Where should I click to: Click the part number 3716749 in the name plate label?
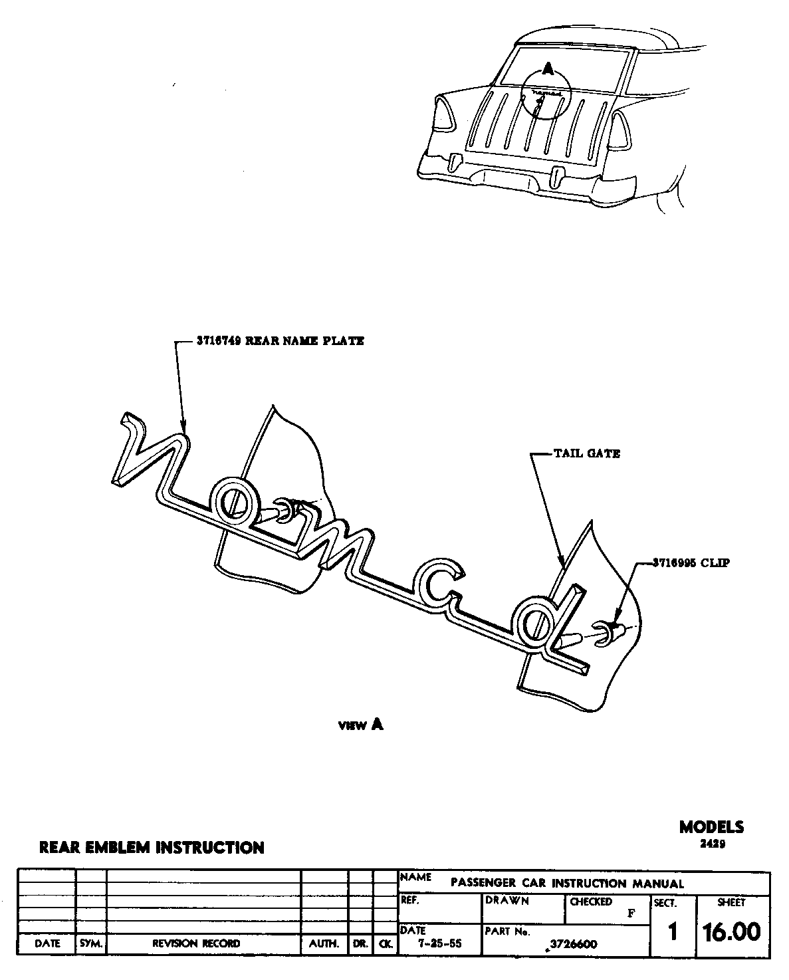point(220,341)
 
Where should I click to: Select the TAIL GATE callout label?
point(587,453)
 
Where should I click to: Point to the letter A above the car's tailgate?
point(546,68)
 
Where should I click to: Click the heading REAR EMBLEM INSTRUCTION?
point(152,848)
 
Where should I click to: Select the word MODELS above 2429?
point(711,827)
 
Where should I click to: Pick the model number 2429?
point(711,844)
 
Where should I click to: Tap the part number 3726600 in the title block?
point(573,944)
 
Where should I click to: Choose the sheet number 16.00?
point(732,932)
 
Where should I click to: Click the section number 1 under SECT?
point(673,933)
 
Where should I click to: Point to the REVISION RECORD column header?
point(197,943)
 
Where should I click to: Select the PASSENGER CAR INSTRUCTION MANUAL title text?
point(567,884)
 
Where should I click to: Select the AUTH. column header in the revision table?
point(324,943)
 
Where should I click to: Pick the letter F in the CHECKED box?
point(631,913)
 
